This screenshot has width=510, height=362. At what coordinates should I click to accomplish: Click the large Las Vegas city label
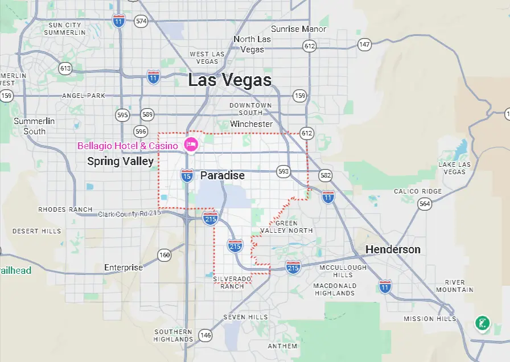point(230,80)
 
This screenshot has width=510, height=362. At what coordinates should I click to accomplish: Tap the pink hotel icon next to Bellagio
point(191,145)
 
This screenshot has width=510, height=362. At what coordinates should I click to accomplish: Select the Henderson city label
point(393,249)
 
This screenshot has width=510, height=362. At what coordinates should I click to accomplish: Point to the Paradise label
point(223,175)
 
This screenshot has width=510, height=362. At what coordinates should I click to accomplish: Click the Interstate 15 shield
point(187,176)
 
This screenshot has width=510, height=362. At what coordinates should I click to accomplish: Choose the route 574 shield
point(141,22)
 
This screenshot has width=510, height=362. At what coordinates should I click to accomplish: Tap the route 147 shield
point(364,44)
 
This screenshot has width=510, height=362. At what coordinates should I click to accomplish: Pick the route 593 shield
point(283,171)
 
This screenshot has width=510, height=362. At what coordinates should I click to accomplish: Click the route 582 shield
point(325,176)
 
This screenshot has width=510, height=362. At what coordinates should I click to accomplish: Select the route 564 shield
point(424,204)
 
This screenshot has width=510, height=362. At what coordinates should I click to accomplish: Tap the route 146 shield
point(205,335)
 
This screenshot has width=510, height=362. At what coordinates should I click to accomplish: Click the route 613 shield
point(65,69)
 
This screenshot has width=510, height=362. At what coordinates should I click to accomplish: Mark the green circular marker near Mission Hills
point(482,324)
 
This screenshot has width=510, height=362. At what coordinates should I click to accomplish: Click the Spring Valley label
point(120,162)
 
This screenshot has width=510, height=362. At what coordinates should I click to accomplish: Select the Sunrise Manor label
point(298,29)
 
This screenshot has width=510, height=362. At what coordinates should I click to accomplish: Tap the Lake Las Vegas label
point(455,168)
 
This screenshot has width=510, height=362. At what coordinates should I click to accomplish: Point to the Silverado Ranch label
point(232,282)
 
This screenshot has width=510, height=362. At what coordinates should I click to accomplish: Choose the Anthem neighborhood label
point(282,345)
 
